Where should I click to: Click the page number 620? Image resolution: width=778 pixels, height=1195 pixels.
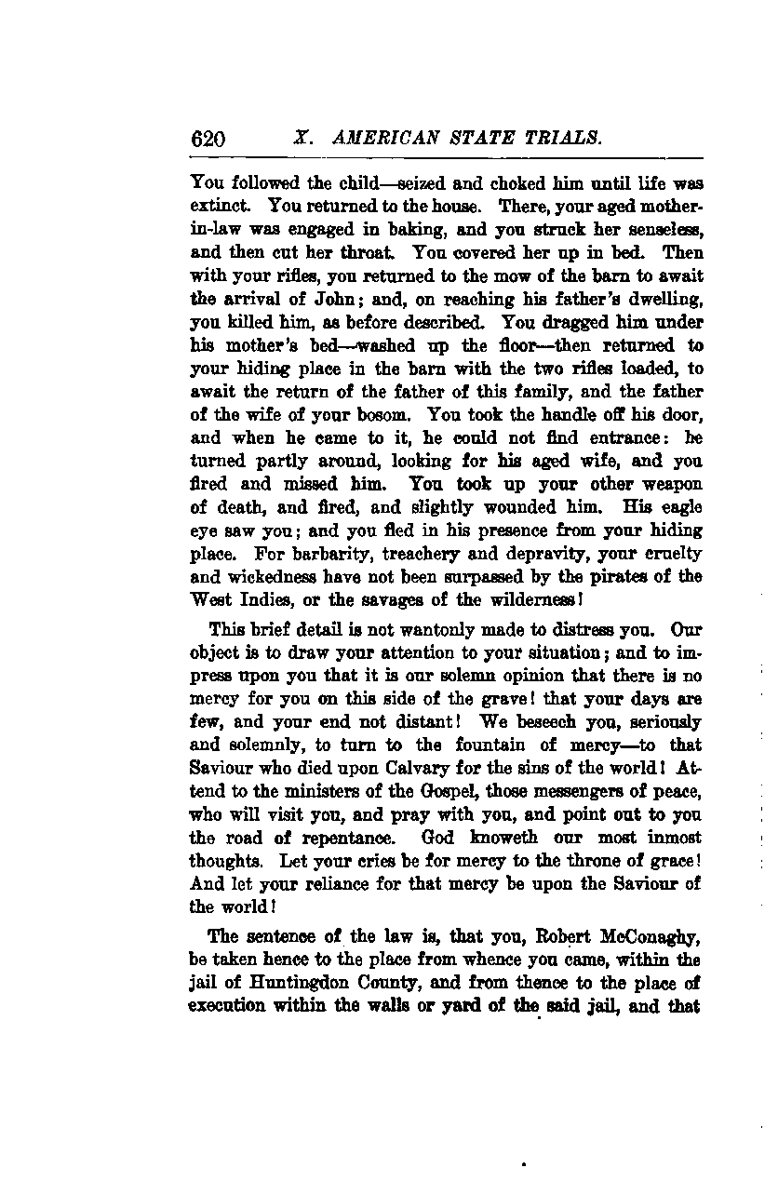(x=208, y=140)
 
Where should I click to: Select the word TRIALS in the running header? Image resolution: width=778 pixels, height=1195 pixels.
(x=561, y=140)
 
